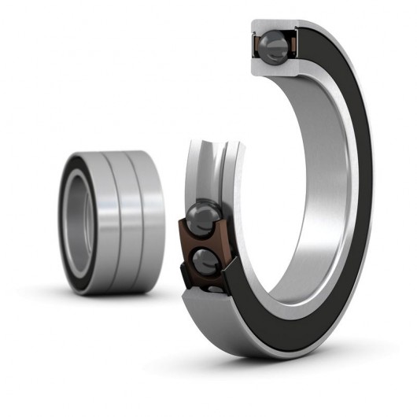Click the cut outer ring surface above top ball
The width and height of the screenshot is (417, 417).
[x=275, y=26]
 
